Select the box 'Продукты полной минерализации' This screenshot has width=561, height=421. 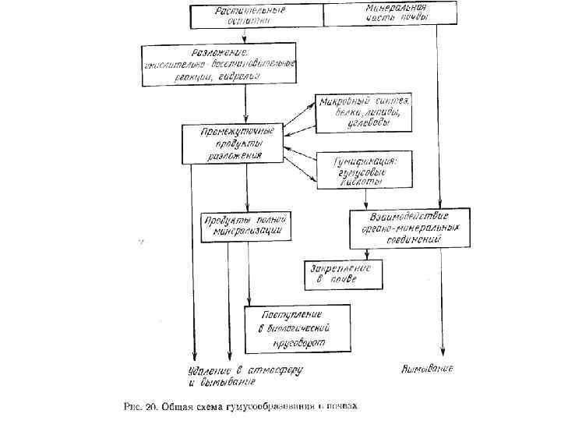[x=247, y=225]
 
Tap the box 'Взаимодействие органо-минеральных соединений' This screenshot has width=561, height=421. [x=409, y=228]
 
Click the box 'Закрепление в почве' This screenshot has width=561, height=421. [x=342, y=274]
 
